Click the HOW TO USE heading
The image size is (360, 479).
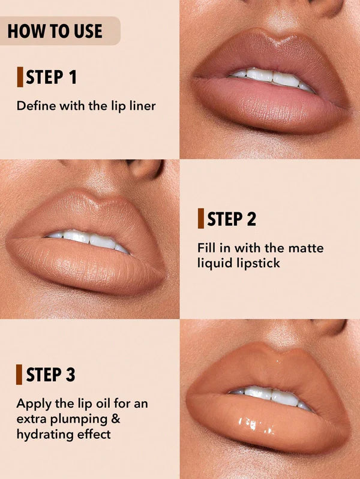55,31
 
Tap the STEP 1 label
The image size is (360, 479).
51,77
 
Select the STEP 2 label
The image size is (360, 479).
232,219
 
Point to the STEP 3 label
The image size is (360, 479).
50,375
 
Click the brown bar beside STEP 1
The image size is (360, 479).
19,77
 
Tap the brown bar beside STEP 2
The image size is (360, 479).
200,219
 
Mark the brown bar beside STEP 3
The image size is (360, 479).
19,375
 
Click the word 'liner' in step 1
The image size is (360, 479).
142,106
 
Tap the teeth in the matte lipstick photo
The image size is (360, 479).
90,240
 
